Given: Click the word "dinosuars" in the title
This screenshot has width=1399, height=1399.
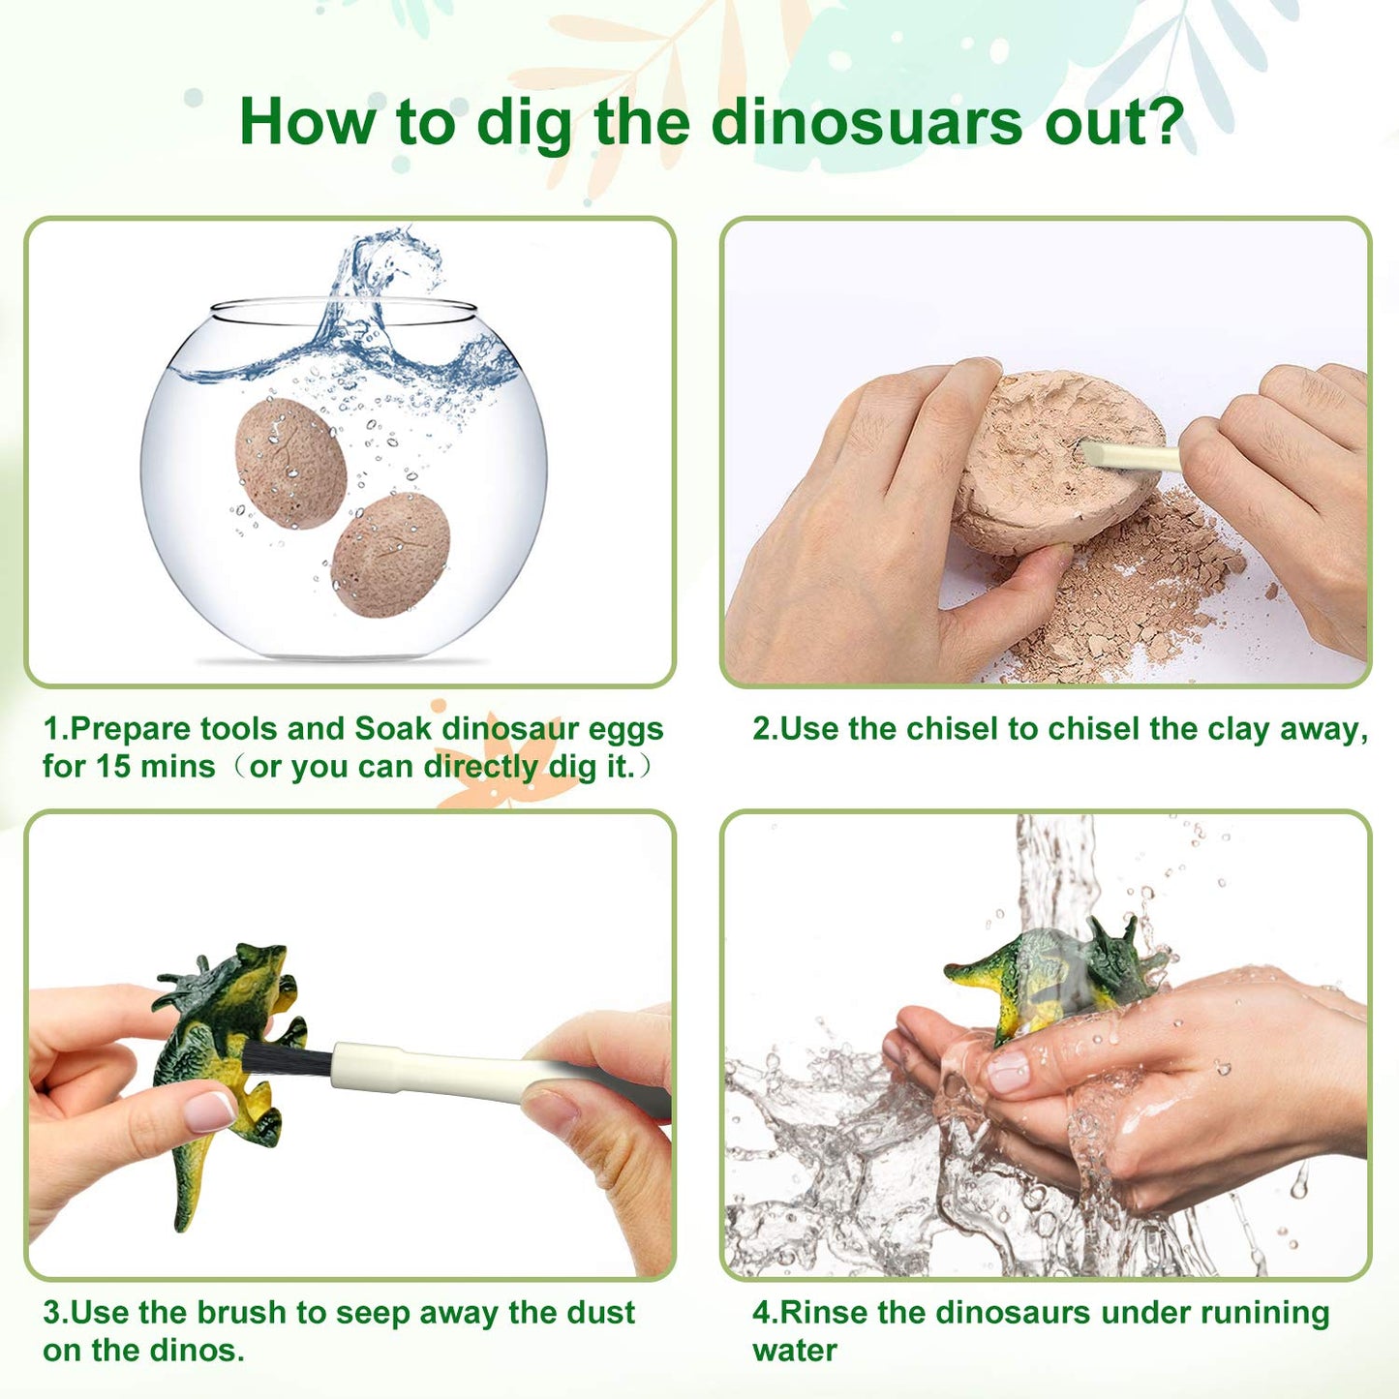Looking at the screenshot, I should click(867, 123).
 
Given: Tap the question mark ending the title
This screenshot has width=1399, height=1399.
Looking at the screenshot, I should click(1165, 123).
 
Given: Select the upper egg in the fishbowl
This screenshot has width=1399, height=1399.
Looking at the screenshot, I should click(290, 463).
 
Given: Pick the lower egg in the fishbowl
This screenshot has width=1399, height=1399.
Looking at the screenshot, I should click(390, 554).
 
